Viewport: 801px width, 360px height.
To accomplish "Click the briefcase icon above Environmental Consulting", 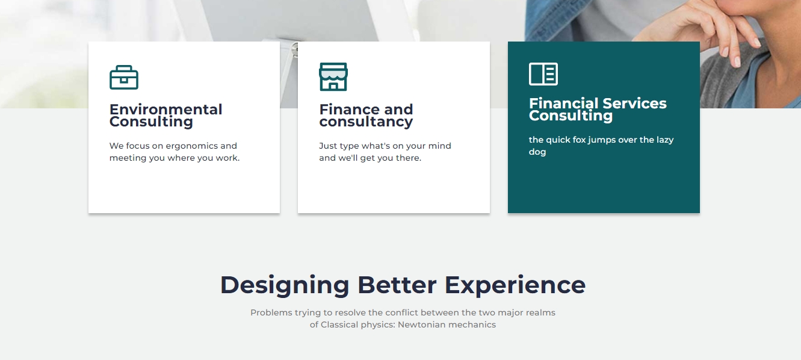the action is [x=124, y=77].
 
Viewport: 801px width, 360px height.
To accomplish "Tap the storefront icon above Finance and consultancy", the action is [x=333, y=76].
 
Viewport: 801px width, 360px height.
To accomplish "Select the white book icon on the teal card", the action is [x=543, y=74].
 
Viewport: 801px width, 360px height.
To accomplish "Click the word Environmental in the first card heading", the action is [x=165, y=109].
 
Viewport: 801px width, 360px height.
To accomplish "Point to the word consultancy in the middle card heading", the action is [x=366, y=122].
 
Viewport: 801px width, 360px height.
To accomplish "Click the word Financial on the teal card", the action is [x=563, y=103].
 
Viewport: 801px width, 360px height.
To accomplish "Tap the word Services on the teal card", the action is [x=634, y=104].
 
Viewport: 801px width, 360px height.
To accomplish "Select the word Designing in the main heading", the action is [x=285, y=285].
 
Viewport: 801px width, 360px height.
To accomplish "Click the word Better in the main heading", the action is [x=397, y=285].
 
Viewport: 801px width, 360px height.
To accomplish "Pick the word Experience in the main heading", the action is [x=515, y=285].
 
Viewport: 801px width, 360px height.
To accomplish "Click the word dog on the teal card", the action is [x=537, y=152].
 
